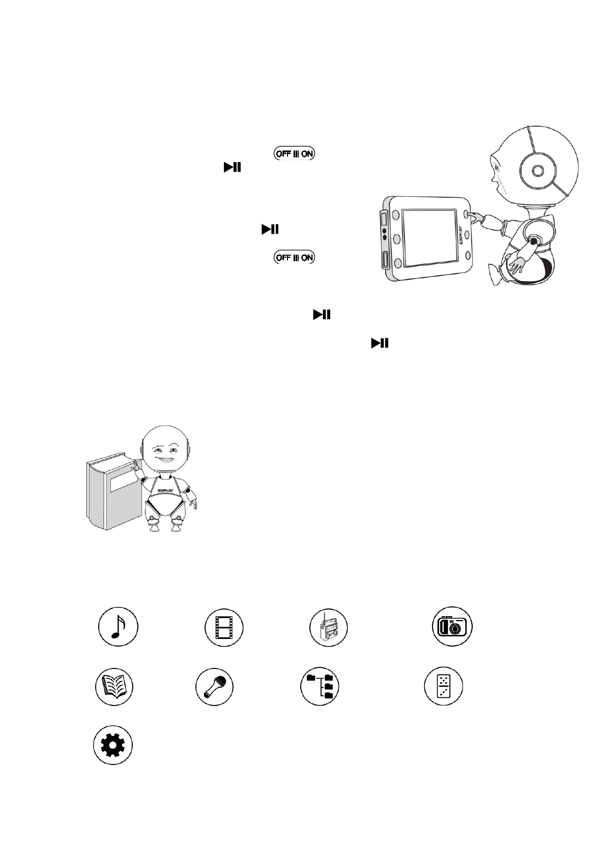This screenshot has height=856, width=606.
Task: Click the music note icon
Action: (x=118, y=626)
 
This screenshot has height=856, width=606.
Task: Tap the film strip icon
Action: (x=224, y=626)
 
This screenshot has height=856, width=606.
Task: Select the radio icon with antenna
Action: (x=329, y=626)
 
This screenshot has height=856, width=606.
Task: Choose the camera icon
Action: (x=452, y=626)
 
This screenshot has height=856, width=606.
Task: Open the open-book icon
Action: (x=114, y=686)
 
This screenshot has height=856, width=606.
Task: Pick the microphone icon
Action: (x=214, y=686)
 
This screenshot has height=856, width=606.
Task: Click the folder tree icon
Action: (x=320, y=686)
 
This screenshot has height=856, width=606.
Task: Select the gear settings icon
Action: (x=113, y=745)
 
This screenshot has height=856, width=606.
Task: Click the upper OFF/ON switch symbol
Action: (x=295, y=154)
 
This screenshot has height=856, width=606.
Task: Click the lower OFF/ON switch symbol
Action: (x=295, y=257)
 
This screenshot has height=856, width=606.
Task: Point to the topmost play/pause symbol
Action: (x=232, y=167)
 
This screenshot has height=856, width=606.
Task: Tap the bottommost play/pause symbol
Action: (x=380, y=344)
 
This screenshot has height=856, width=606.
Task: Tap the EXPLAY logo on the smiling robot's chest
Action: (x=164, y=491)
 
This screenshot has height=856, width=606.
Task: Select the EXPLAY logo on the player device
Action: (x=462, y=235)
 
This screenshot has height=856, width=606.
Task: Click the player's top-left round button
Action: (x=395, y=213)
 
